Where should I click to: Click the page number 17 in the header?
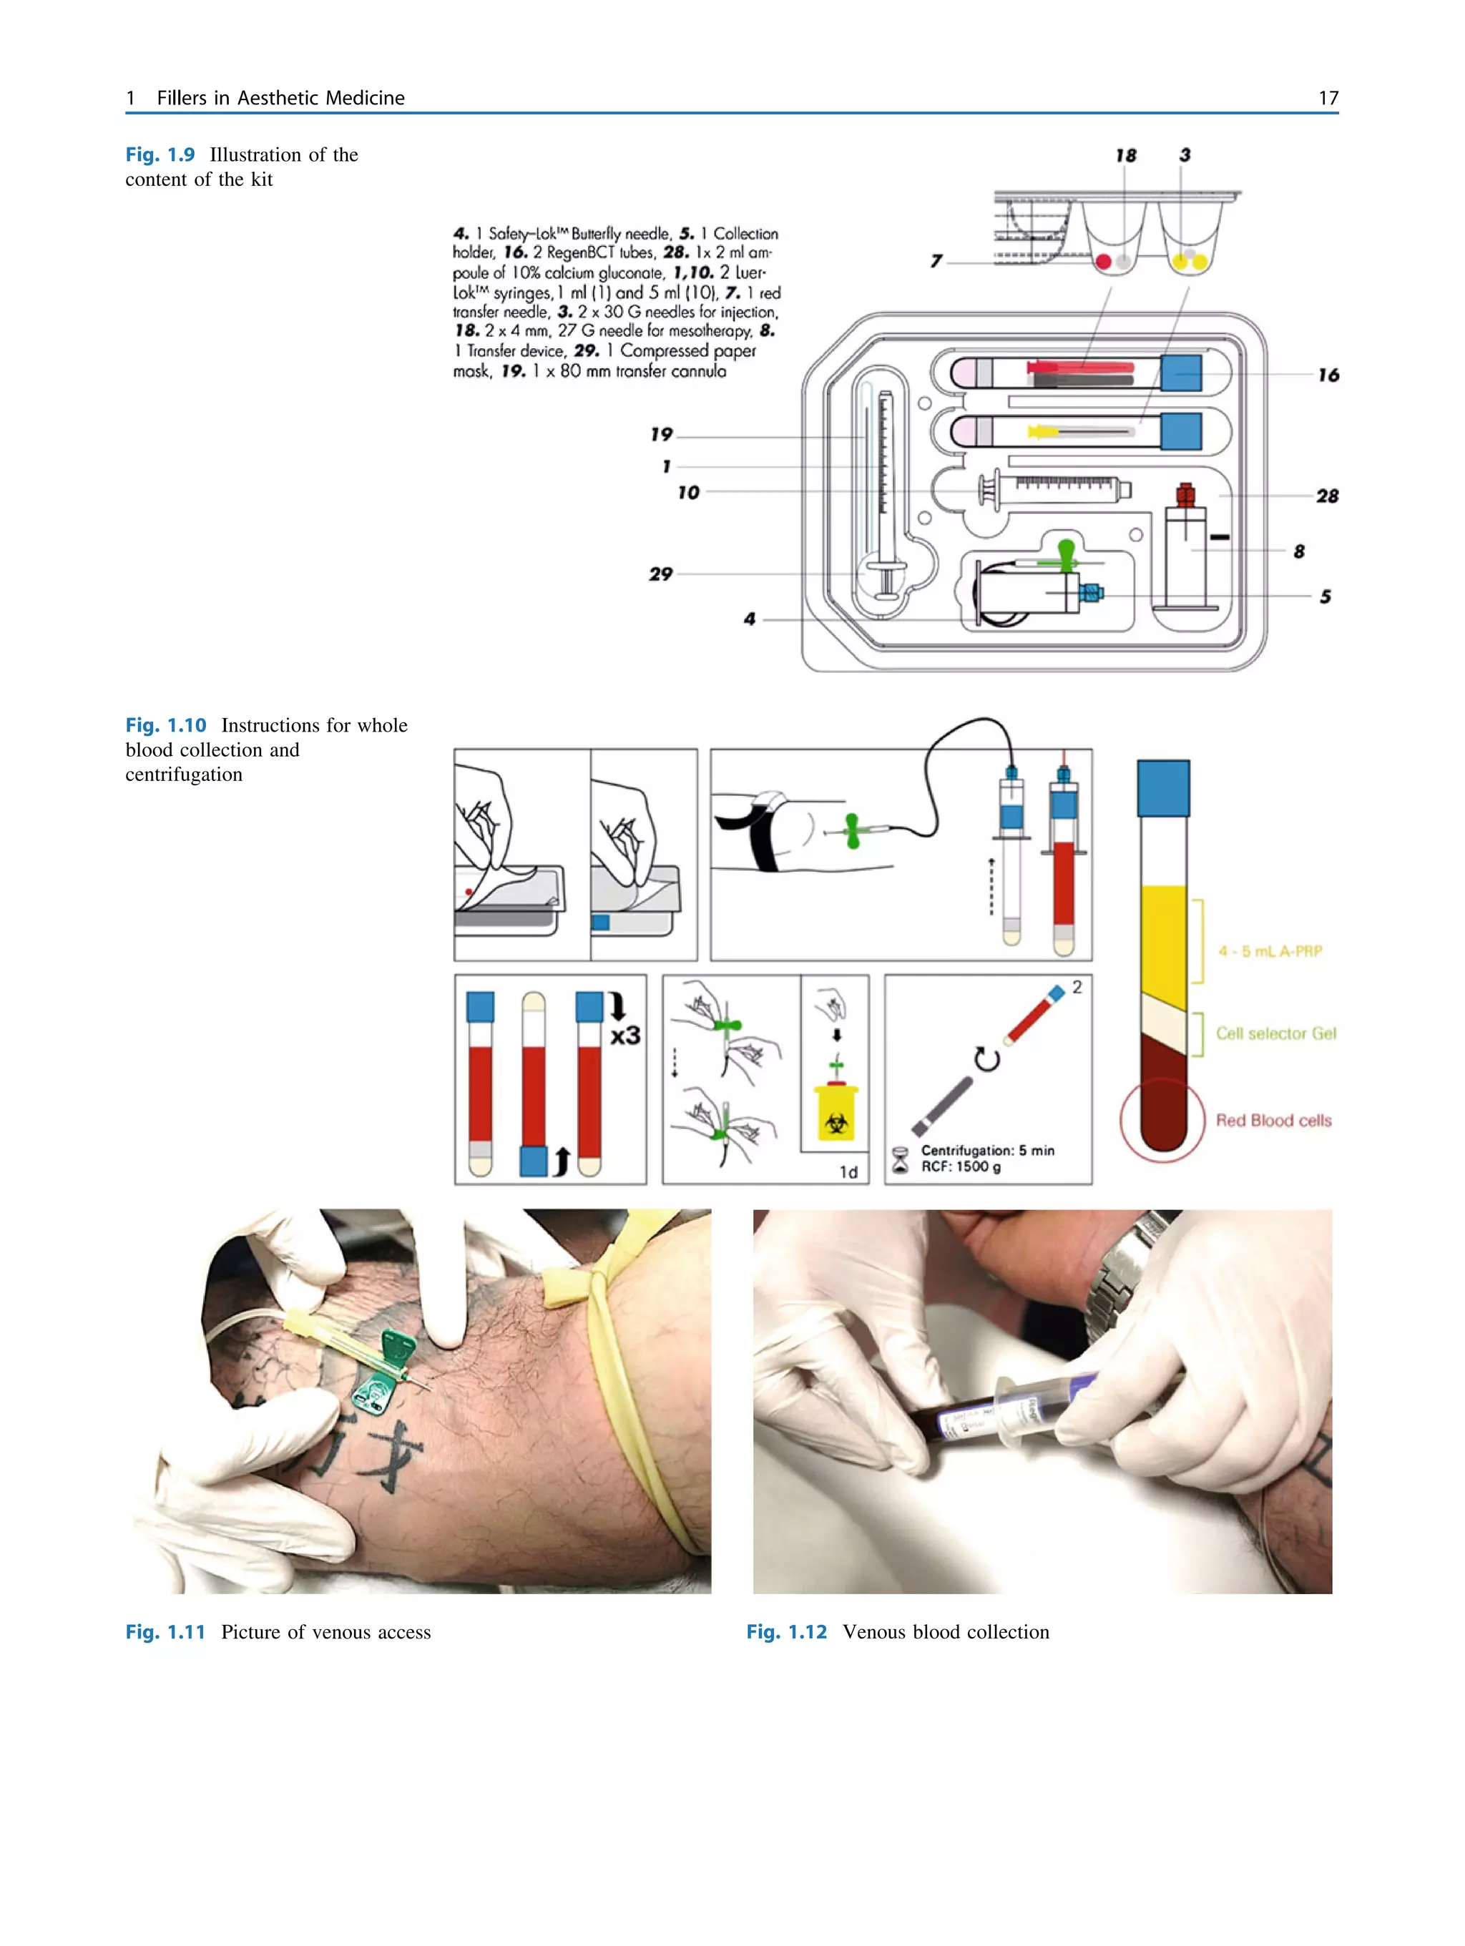1327,98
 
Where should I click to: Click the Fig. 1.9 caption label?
160,154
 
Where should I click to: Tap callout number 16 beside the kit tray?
1327,375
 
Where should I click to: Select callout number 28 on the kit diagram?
1326,496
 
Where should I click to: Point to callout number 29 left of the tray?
660,574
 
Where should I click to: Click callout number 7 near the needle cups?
936,260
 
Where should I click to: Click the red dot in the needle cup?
1102,261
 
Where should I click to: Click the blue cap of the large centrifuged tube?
1162,788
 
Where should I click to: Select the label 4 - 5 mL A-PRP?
1269,951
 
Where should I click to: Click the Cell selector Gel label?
1275,1033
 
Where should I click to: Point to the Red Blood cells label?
1273,1120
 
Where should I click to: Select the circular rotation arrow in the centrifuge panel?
986,1059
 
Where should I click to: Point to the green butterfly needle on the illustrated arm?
852,830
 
